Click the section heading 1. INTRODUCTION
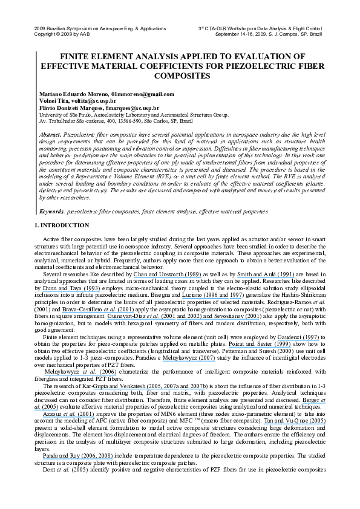tap(62, 225)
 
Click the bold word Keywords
tap(52, 212)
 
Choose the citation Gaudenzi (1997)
tap(298, 337)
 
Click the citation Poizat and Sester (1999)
tap(260, 344)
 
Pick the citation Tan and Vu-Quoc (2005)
tap(295, 421)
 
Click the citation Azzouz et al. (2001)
tap(68, 414)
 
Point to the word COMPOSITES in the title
tap(182, 76)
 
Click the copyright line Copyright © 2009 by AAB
tap(62, 34)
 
